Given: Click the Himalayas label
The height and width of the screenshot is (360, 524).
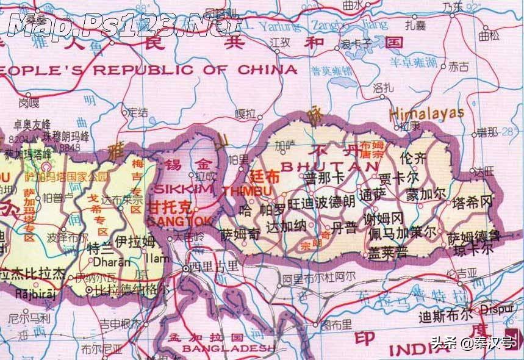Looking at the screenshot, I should coord(427,113).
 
